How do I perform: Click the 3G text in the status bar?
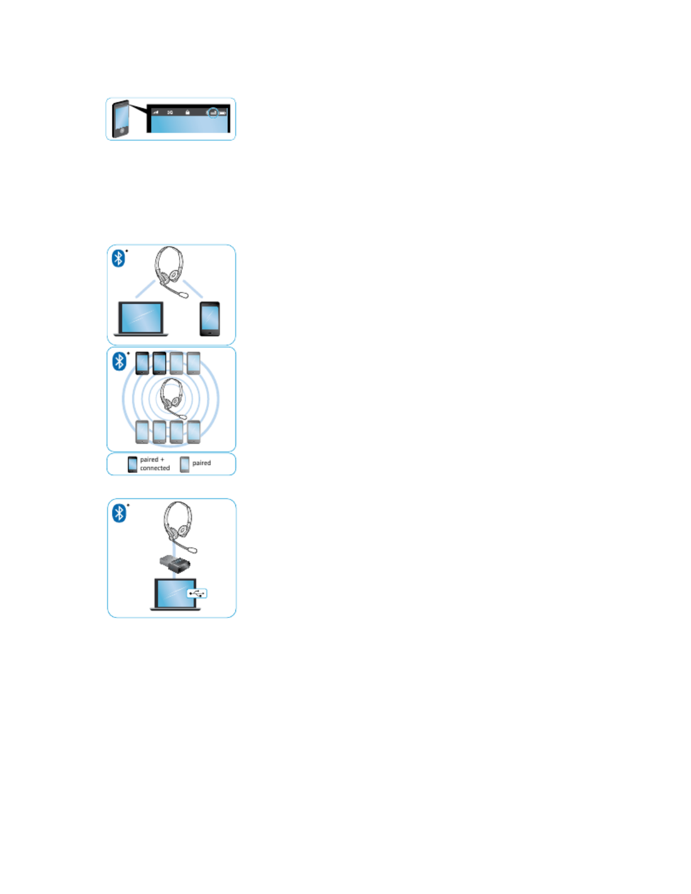pyautogui.click(x=170, y=112)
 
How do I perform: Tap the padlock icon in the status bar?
pyautogui.click(x=187, y=112)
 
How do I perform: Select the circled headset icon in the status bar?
pyautogui.click(x=213, y=113)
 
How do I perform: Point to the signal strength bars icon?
pyautogui.click(x=156, y=112)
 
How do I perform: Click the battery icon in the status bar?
pyautogui.click(x=223, y=113)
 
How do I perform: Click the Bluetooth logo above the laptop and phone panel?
pyautogui.click(x=118, y=258)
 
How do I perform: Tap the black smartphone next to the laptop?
pyautogui.click(x=209, y=319)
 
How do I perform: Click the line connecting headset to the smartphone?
pyautogui.click(x=193, y=289)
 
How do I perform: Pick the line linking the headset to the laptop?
pyautogui.click(x=145, y=288)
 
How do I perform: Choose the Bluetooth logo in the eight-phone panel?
pyautogui.click(x=119, y=361)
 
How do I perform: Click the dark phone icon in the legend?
pyautogui.click(x=133, y=464)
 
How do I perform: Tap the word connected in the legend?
pyautogui.click(x=155, y=468)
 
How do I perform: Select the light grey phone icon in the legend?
pyautogui.click(x=185, y=464)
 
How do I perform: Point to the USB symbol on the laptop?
pyautogui.click(x=197, y=593)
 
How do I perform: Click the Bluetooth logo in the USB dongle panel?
pyautogui.click(x=119, y=513)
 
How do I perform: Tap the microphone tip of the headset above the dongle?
pyautogui.click(x=193, y=549)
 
